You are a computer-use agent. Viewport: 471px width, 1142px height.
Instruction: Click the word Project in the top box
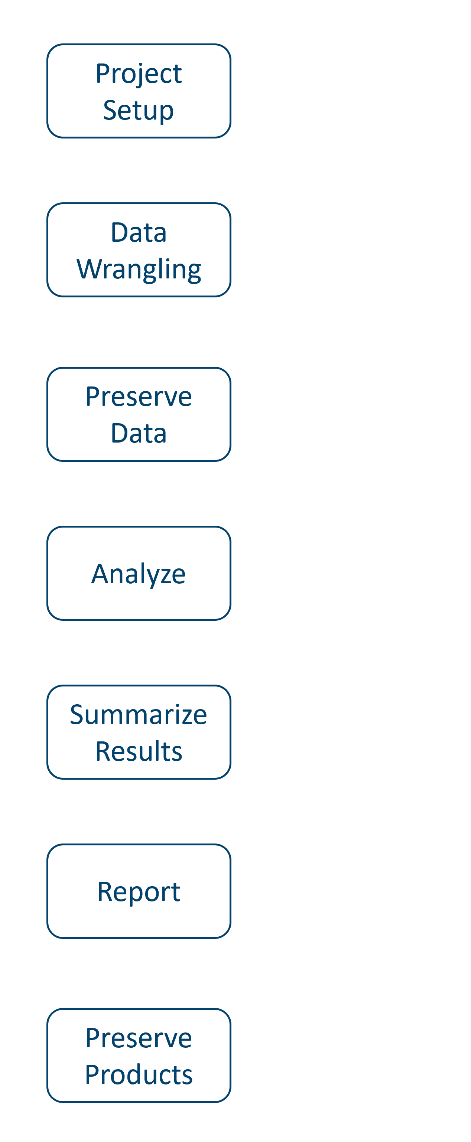(x=139, y=74)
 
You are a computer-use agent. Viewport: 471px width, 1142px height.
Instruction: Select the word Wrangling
(x=139, y=269)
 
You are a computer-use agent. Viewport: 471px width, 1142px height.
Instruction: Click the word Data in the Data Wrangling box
(x=139, y=232)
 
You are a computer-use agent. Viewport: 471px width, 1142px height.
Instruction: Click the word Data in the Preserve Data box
(x=139, y=433)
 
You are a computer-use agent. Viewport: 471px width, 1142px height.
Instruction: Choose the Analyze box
(x=139, y=573)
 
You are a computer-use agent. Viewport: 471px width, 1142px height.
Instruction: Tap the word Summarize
(x=139, y=715)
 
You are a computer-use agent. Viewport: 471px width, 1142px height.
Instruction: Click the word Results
(x=139, y=751)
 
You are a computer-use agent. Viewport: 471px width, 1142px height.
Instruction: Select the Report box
(x=139, y=891)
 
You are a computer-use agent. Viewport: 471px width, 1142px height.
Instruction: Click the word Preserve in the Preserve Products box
(x=139, y=1038)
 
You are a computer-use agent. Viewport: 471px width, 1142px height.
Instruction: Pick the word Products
(x=139, y=1075)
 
